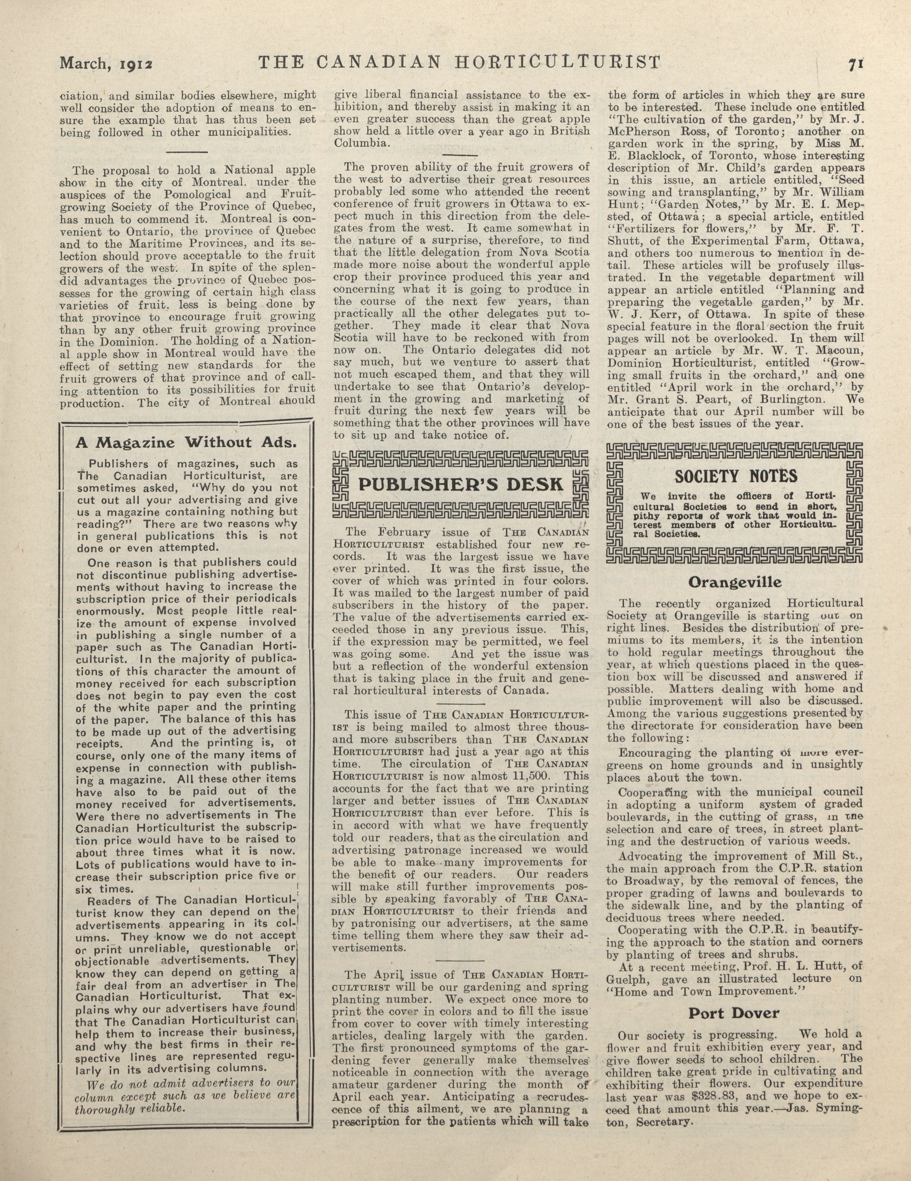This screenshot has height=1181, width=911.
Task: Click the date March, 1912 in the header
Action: [107, 64]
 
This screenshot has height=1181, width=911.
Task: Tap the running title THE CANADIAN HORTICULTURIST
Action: [460, 62]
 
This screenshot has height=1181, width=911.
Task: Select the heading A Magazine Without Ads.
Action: [186, 443]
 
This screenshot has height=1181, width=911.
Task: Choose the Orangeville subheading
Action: [735, 582]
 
